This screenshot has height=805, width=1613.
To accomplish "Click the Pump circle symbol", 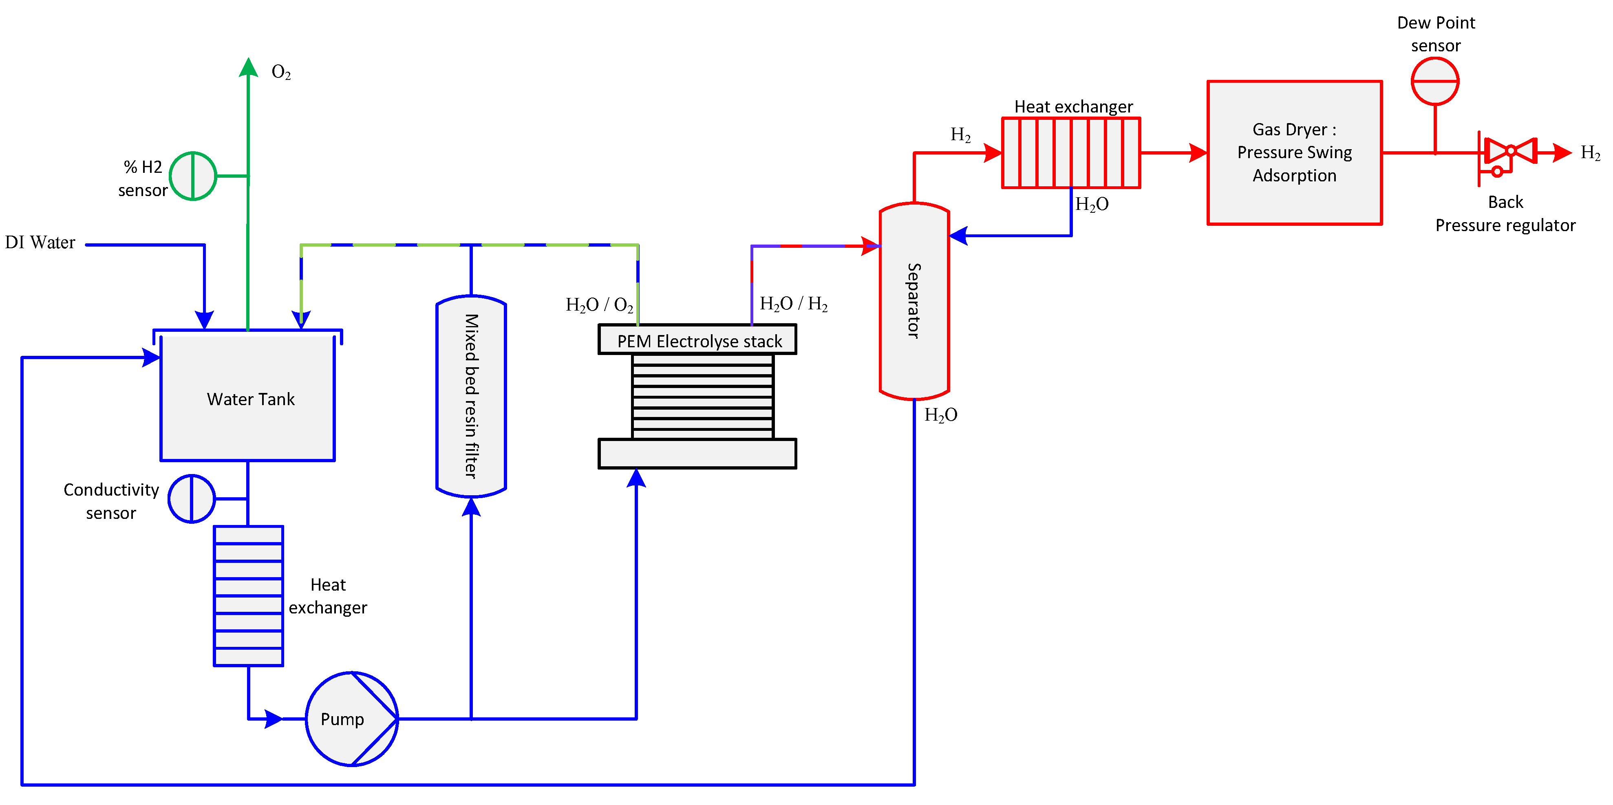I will click(351, 719).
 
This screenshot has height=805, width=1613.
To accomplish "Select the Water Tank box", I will click(248, 398).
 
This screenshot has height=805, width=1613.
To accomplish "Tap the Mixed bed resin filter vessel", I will click(471, 396).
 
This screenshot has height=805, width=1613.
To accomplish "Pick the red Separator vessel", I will click(914, 300).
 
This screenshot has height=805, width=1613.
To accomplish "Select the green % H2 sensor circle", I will click(193, 176).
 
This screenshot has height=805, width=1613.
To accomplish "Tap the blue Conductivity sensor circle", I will click(192, 499).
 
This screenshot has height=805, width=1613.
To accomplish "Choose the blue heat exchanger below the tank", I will click(249, 595).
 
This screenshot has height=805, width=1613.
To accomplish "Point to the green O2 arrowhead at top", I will click(249, 66).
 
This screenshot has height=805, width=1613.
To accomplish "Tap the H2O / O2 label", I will click(599, 305).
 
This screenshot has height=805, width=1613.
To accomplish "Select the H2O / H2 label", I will click(793, 304).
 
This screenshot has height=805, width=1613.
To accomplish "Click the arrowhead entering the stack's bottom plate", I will click(636, 478).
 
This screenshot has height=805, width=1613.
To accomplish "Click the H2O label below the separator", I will click(940, 415).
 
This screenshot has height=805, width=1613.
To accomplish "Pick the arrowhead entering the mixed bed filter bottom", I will click(471, 507).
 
